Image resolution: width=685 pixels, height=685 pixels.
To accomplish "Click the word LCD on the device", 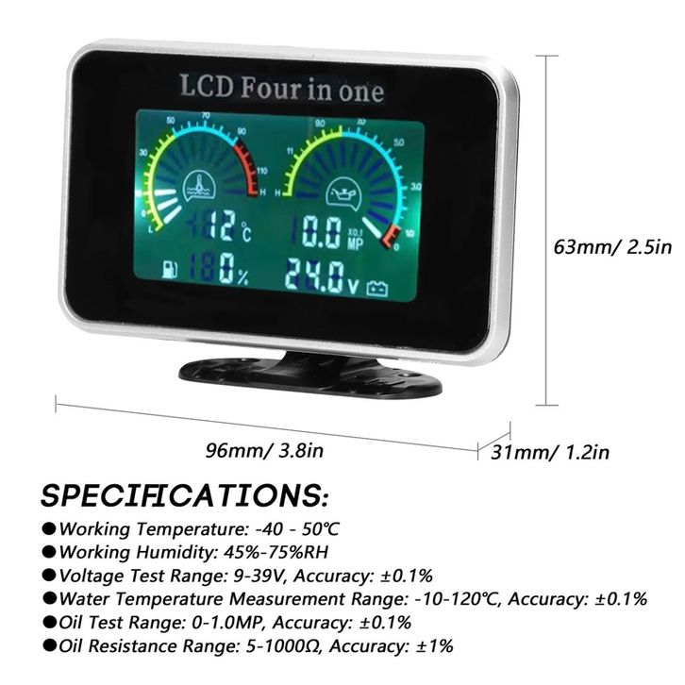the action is tap(206, 87).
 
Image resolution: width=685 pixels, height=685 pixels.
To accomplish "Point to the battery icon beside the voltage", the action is tap(377, 286).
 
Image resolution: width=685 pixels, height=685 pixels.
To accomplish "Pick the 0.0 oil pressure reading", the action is tap(315, 231).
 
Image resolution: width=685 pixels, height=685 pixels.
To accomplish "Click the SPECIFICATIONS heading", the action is tap(185, 494).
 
